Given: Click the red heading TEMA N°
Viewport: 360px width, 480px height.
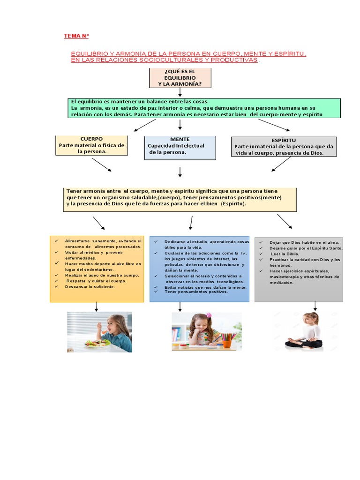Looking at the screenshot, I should pyautogui.click(x=76, y=36).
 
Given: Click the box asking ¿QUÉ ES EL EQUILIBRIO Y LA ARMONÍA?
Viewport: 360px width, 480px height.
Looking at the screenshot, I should pyautogui.click(x=180, y=77).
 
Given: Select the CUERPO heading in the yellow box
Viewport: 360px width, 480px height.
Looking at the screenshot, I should pyautogui.click(x=91, y=139).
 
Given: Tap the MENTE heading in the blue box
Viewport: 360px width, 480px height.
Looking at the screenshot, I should pyautogui.click(x=180, y=139).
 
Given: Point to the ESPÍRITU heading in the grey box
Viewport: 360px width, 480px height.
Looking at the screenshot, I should pyautogui.click(x=284, y=140).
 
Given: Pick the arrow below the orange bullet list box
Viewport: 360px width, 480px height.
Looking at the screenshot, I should pyautogui.click(x=97, y=307).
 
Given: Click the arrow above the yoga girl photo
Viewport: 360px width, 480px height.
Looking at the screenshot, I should pyautogui.click(x=315, y=306).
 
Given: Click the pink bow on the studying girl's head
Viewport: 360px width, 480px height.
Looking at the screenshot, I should pyautogui.click(x=209, y=315).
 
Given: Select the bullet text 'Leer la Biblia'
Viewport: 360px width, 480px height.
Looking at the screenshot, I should pyautogui.click(x=285, y=254).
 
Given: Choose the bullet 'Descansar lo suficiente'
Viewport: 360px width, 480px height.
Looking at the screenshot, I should pyautogui.click(x=90, y=286).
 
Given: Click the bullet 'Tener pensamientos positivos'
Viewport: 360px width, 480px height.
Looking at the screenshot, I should pyautogui.click(x=196, y=292).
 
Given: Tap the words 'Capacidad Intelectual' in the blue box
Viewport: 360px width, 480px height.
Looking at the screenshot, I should pyautogui.click(x=176, y=146).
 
